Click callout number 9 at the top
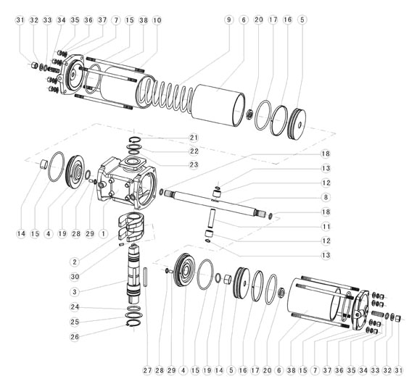(229, 20)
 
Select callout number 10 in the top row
(157, 20)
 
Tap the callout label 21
(194, 138)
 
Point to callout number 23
(194, 164)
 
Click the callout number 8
(326, 198)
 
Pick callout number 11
(326, 226)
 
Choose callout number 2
(75, 262)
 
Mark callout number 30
(75, 277)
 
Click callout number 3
(75, 292)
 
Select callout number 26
(75, 337)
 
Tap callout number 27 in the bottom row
(148, 370)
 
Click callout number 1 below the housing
(103, 233)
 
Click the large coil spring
(165, 95)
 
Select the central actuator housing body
(127, 183)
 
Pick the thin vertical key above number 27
(146, 277)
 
